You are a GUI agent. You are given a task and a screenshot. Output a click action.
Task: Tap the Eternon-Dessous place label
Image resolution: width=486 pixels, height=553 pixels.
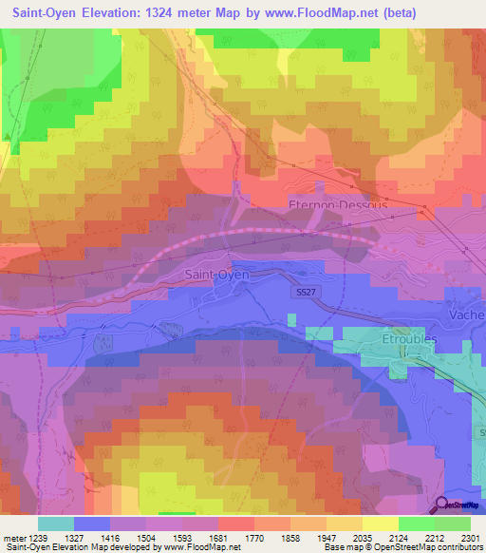(x=337, y=204)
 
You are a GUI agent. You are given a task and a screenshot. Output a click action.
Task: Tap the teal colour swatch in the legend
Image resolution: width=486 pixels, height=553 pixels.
(x=56, y=523)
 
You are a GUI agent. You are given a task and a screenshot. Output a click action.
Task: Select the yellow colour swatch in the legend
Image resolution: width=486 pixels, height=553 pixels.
(x=380, y=523)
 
